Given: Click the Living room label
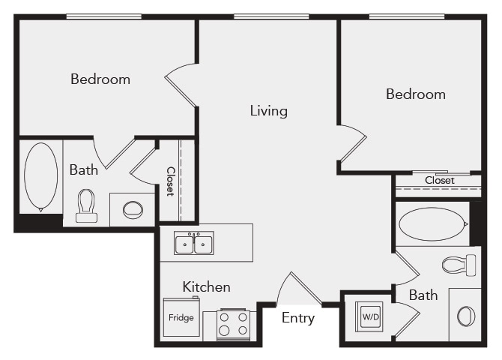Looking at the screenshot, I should tap(268, 111).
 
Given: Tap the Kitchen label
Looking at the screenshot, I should tap(206, 286).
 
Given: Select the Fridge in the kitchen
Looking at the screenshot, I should tap(181, 317).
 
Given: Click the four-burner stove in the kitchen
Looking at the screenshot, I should tap(233, 324).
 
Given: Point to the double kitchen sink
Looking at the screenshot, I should tap(194, 244).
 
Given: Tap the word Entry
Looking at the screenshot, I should tap(297, 318).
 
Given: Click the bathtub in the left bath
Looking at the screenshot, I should tap(40, 177).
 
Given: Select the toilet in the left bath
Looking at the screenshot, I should tap(86, 205).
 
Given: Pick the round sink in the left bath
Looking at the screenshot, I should tap(133, 209).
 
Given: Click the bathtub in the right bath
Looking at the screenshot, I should tap(431, 223).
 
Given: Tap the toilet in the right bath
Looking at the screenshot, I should tap(459, 265).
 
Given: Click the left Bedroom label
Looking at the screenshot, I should tap(100, 79).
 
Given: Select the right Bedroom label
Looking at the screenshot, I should tap(415, 94).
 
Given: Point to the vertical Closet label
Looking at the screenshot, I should tap(170, 181).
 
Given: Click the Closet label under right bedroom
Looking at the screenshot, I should tap(439, 180).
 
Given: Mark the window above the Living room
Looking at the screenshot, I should tap(270, 16).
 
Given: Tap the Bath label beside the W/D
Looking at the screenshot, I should tap(423, 295).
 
